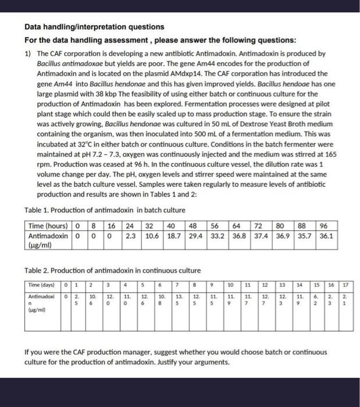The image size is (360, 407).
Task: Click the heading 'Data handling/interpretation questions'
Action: pyautogui.click(x=94, y=27)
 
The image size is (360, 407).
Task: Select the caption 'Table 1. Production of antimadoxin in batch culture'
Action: pyautogui.click(x=105, y=210)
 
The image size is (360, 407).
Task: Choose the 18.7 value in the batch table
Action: pyautogui.click(x=174, y=237)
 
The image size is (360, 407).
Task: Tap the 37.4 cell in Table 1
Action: pyautogui.click(x=260, y=237)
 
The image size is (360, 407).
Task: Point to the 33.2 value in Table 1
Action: pyautogui.click(x=217, y=237)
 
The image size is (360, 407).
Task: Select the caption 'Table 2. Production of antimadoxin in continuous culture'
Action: pyautogui.click(x=112, y=270)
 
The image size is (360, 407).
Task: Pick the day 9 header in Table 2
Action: pyautogui.click(x=213, y=285)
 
